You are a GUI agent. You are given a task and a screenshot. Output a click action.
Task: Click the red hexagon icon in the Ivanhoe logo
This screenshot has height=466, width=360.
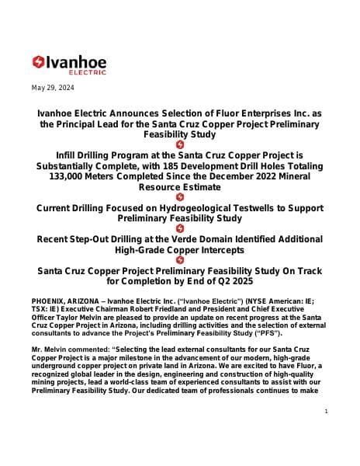[39, 62]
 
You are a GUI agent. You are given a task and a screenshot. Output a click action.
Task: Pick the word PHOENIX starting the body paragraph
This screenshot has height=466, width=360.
[51, 299]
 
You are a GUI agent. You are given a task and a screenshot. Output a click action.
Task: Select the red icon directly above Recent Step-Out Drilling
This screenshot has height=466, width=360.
[180, 228]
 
